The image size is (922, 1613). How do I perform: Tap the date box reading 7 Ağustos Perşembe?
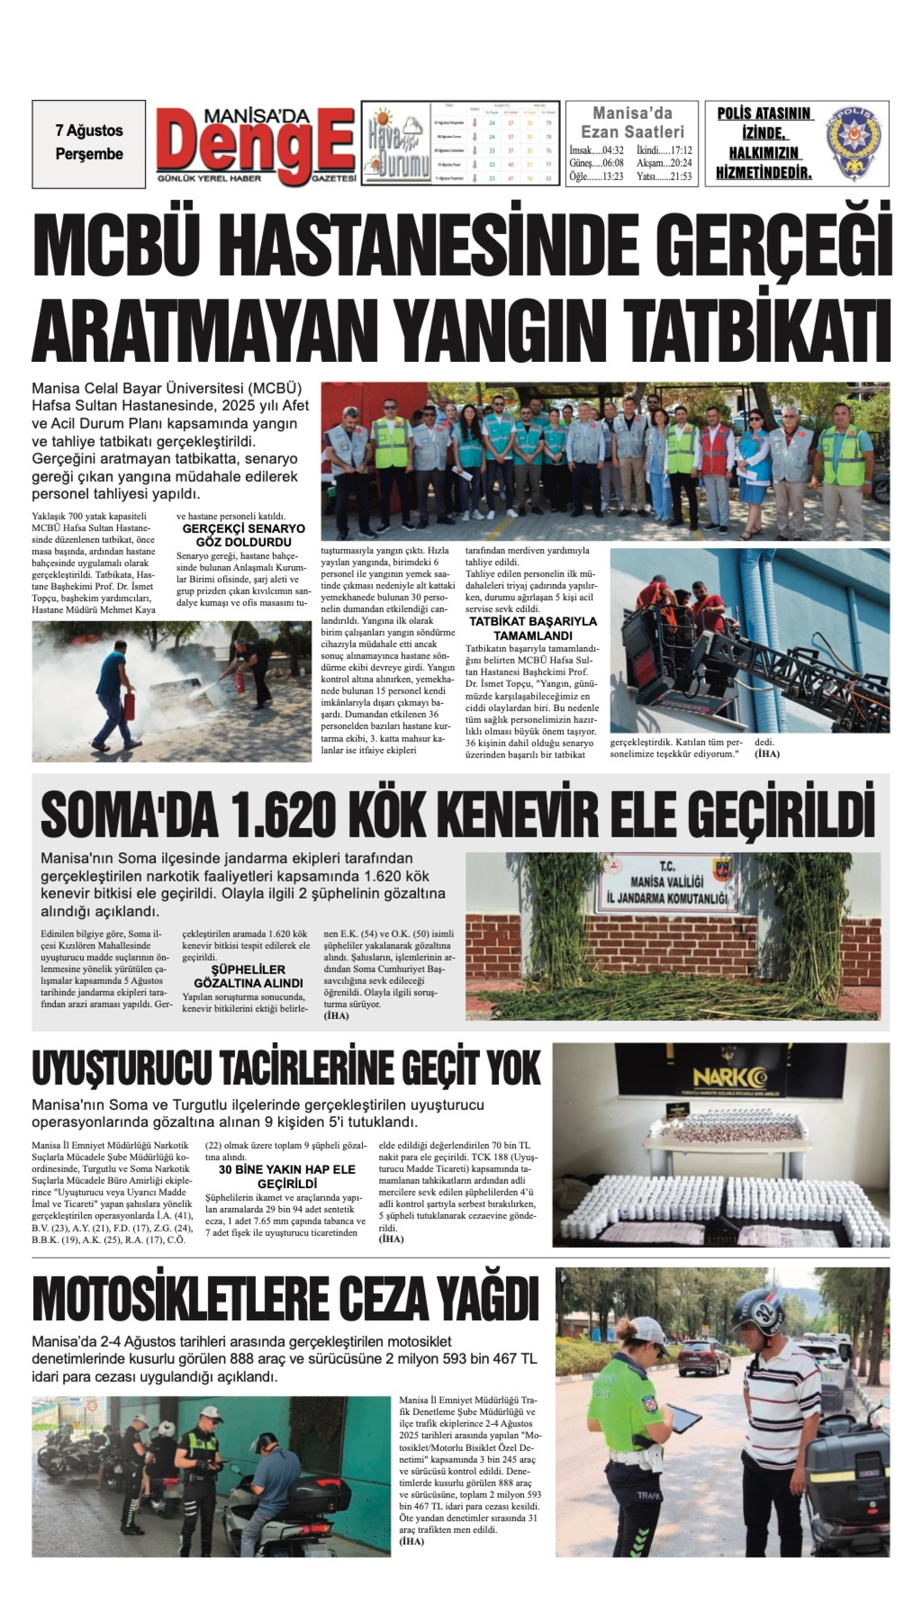(x=89, y=143)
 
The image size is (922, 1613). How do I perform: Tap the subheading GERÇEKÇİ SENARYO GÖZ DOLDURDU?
(x=243, y=535)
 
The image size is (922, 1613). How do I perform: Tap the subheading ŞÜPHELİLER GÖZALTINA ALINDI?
(x=248, y=976)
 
